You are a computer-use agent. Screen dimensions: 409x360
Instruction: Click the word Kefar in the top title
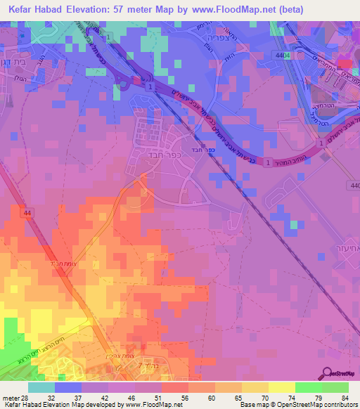[x=25, y=11]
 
